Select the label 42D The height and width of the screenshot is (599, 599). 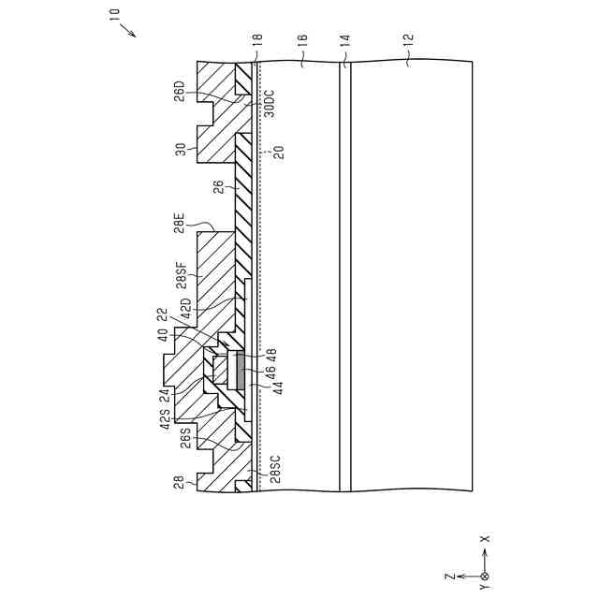click(x=185, y=308)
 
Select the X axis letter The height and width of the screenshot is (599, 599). click(x=485, y=539)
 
